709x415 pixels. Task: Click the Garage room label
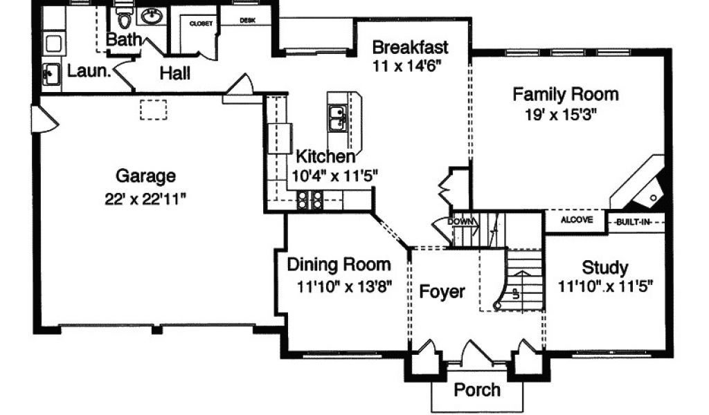(145, 175)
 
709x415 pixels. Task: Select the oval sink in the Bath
(152, 17)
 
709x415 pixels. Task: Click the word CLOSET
(201, 24)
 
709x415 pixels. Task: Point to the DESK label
(247, 20)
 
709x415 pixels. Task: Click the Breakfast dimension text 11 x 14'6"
(406, 66)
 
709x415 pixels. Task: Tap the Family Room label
(565, 94)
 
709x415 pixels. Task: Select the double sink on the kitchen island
(337, 118)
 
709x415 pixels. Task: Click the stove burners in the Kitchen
(309, 200)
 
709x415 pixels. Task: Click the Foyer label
(442, 292)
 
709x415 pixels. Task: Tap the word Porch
(477, 389)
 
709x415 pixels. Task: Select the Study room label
(604, 268)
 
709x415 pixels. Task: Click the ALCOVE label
(577, 220)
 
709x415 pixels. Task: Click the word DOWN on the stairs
(460, 222)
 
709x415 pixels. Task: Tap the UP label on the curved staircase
(516, 294)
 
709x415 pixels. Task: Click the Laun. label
(89, 71)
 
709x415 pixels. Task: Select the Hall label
(174, 73)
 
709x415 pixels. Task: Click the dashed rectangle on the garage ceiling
(153, 110)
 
